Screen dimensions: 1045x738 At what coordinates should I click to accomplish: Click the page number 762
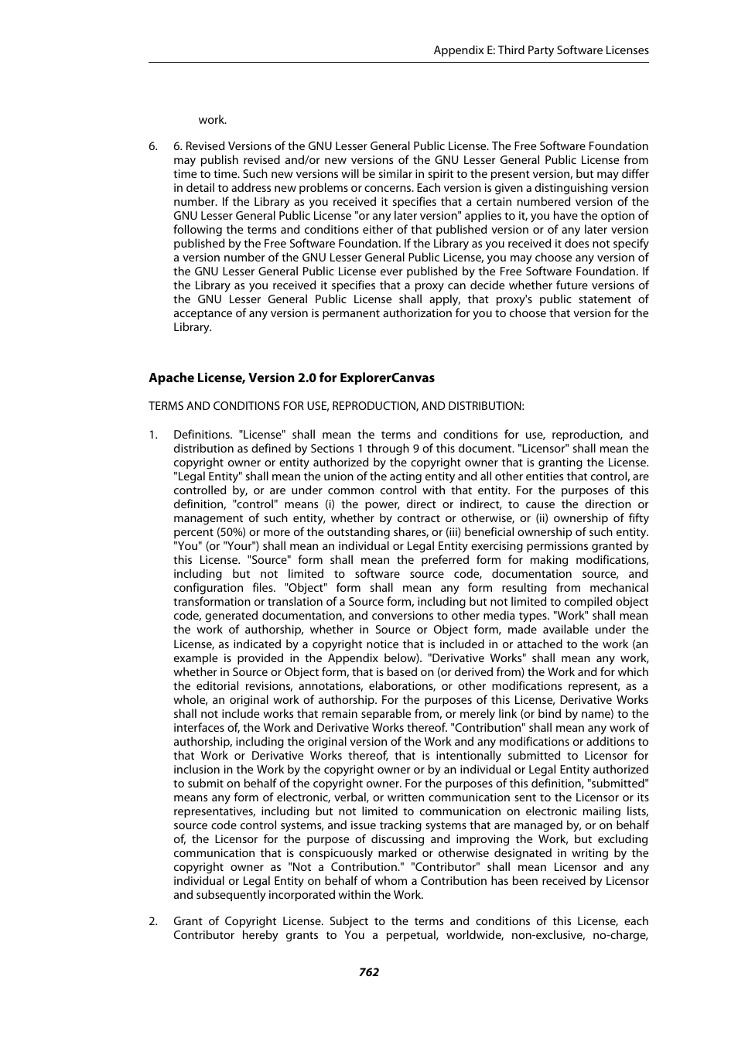coord(369,972)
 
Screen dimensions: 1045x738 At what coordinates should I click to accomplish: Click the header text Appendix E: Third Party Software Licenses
coord(541,50)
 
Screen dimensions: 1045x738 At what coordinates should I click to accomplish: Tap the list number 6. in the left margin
coord(153,146)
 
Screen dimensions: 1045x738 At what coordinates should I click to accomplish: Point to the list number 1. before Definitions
coord(153,435)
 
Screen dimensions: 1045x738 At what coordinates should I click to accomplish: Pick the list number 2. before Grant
coord(153,921)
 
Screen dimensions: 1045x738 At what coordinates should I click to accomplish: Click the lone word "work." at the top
coord(213,120)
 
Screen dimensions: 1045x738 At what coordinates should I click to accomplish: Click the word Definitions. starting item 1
coord(203,435)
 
